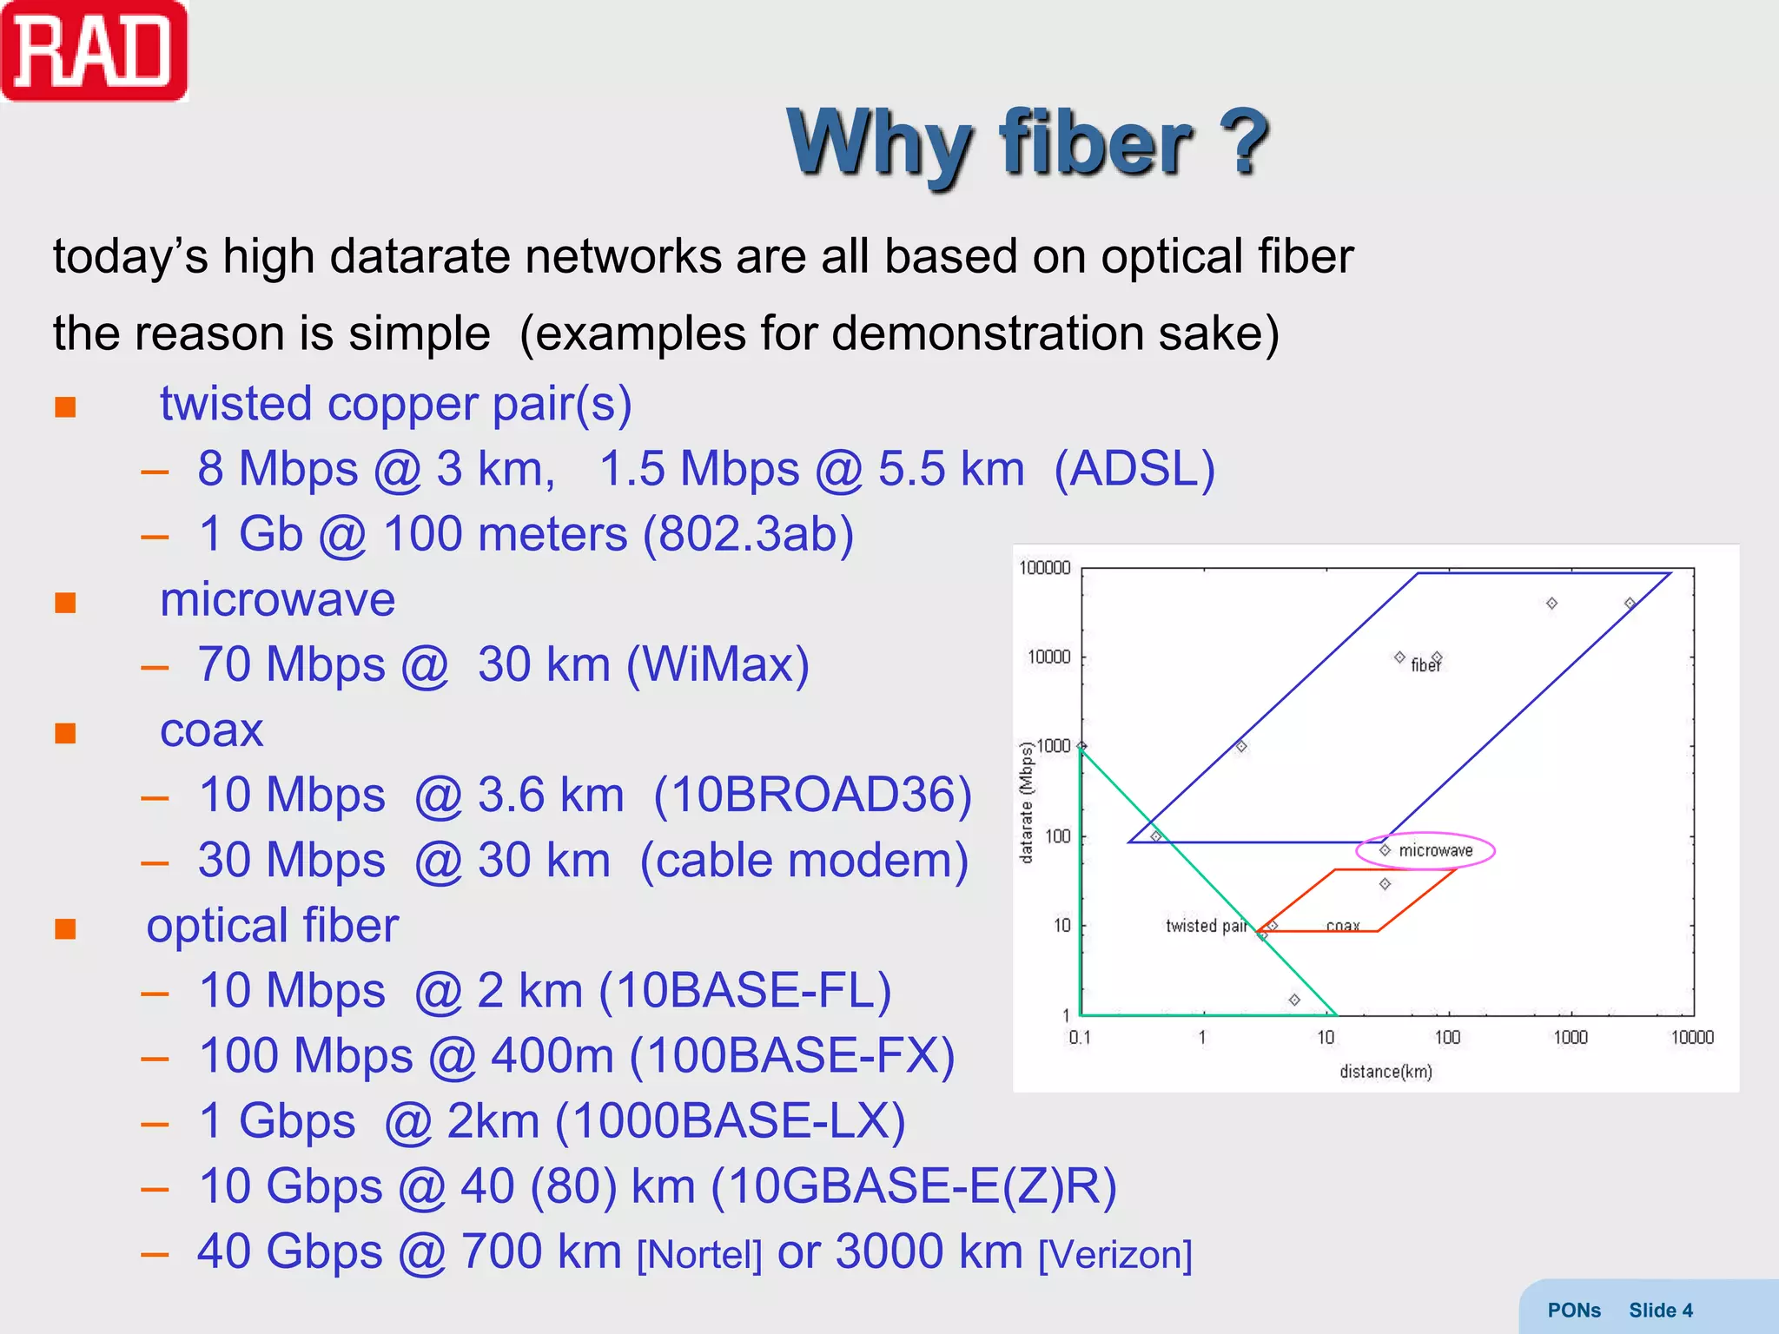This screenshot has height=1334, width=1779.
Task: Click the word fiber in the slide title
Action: [x=1097, y=143]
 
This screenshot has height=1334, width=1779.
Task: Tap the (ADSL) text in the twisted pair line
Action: [x=1134, y=470]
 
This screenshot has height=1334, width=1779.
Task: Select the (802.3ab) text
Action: [x=748, y=534]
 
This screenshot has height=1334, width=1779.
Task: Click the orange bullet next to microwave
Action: [x=65, y=603]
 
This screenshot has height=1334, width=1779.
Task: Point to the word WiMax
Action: [x=718, y=665]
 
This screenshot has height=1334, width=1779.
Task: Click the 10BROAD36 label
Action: [x=812, y=796]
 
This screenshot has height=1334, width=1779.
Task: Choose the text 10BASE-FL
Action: [x=744, y=991]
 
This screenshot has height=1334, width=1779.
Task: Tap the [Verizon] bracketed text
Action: [x=1115, y=1255]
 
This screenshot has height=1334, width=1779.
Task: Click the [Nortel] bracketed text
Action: [x=699, y=1255]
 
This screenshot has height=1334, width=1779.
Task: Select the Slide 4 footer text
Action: [x=1660, y=1311]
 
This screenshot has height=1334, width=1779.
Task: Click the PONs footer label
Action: [x=1573, y=1311]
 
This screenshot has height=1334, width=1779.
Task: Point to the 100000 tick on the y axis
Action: [x=1044, y=568]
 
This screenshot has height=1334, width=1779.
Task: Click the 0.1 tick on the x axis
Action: [x=1080, y=1037]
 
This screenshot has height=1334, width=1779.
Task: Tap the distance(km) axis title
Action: [x=1386, y=1072]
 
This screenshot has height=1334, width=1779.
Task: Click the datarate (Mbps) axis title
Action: [x=1027, y=802]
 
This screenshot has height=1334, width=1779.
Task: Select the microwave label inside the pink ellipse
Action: [x=1435, y=851]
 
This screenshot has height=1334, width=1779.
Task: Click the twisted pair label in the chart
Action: [x=1206, y=926]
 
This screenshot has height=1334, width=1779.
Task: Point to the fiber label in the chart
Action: [x=1425, y=665]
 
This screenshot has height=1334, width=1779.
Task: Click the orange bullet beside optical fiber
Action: [x=65, y=929]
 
